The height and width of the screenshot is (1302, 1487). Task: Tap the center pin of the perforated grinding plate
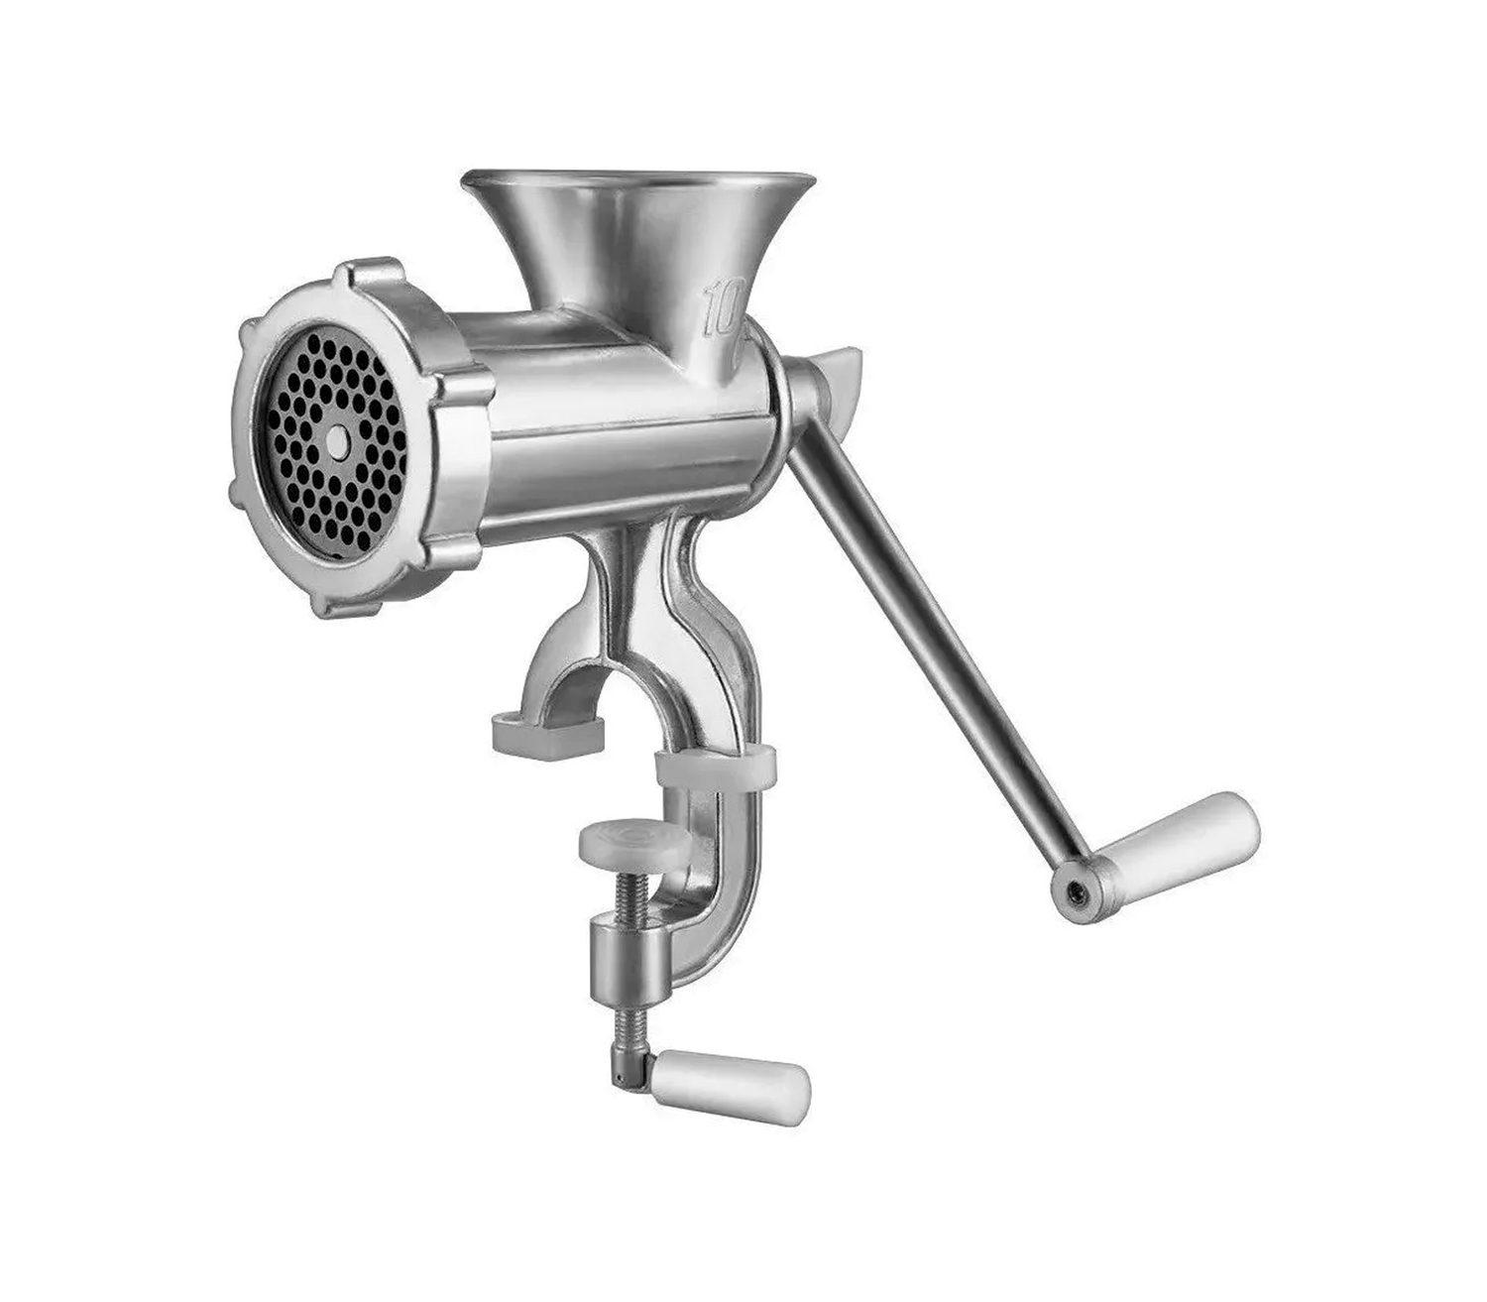(336, 440)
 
